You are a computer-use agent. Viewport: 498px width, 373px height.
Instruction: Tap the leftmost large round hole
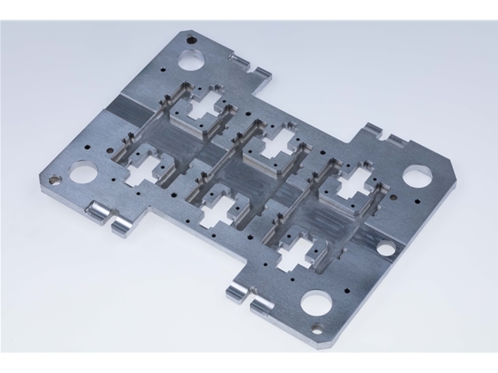(x=83, y=172)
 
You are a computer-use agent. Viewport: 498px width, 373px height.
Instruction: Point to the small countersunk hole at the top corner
(x=191, y=38)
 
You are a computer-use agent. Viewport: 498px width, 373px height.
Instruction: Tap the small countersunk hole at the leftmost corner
(x=54, y=181)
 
